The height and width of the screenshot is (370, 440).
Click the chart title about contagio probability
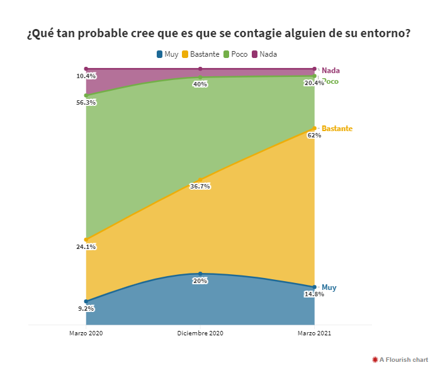pyautogui.click(x=218, y=33)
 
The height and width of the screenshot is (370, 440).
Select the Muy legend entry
pyautogui.click(x=168, y=54)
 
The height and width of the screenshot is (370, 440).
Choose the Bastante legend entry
pyautogui.click(x=201, y=54)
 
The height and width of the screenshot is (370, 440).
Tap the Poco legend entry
pyautogui.click(x=235, y=54)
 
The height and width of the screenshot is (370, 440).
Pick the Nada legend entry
pyautogui.click(x=264, y=54)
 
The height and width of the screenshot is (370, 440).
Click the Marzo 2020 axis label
pyautogui.click(x=86, y=333)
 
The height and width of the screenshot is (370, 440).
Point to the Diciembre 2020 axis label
pyautogui.click(x=200, y=333)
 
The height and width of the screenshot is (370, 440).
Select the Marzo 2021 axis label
pyautogui.click(x=314, y=333)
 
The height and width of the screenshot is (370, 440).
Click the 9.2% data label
pyautogui.click(x=86, y=308)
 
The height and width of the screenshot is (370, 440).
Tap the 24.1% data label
pyautogui.click(x=86, y=246)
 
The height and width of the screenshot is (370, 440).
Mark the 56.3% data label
pyautogui.click(x=86, y=102)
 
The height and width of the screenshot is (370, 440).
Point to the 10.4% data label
pyautogui.click(x=86, y=76)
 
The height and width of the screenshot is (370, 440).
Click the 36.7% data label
pyautogui.click(x=200, y=187)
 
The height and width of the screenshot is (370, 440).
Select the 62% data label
pyautogui.click(x=314, y=135)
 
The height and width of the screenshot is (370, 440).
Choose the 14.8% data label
pyautogui.click(x=314, y=294)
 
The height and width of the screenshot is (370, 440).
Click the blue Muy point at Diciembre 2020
pyautogui.click(x=200, y=274)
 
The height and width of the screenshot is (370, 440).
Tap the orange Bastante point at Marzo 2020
pyautogui.click(x=86, y=240)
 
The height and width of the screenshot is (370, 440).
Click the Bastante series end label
pyautogui.click(x=337, y=129)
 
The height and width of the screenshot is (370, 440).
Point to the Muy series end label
pyautogui.click(x=329, y=287)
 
